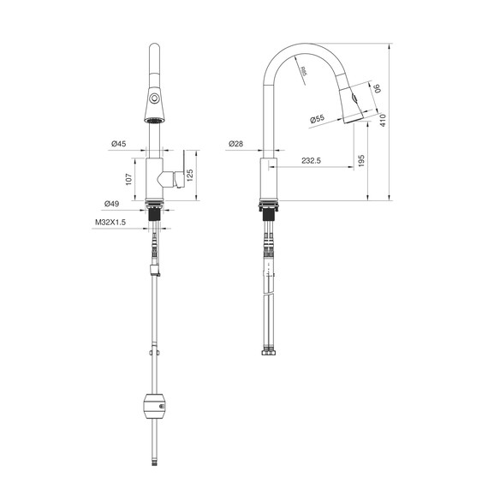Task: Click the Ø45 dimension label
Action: click(x=119, y=144)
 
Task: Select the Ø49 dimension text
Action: click(x=111, y=204)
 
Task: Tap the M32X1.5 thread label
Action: click(x=110, y=223)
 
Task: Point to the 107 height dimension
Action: click(x=128, y=179)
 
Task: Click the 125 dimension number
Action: click(x=190, y=175)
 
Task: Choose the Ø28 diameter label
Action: click(x=236, y=144)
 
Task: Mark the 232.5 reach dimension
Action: click(x=311, y=161)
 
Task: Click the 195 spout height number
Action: click(x=361, y=161)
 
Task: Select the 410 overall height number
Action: click(x=383, y=121)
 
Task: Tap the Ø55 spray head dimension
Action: click(x=318, y=119)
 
